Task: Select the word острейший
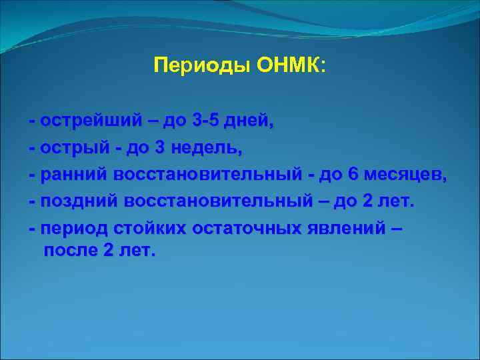click(x=91, y=121)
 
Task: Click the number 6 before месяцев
click(x=353, y=175)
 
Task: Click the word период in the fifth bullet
click(x=70, y=229)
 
